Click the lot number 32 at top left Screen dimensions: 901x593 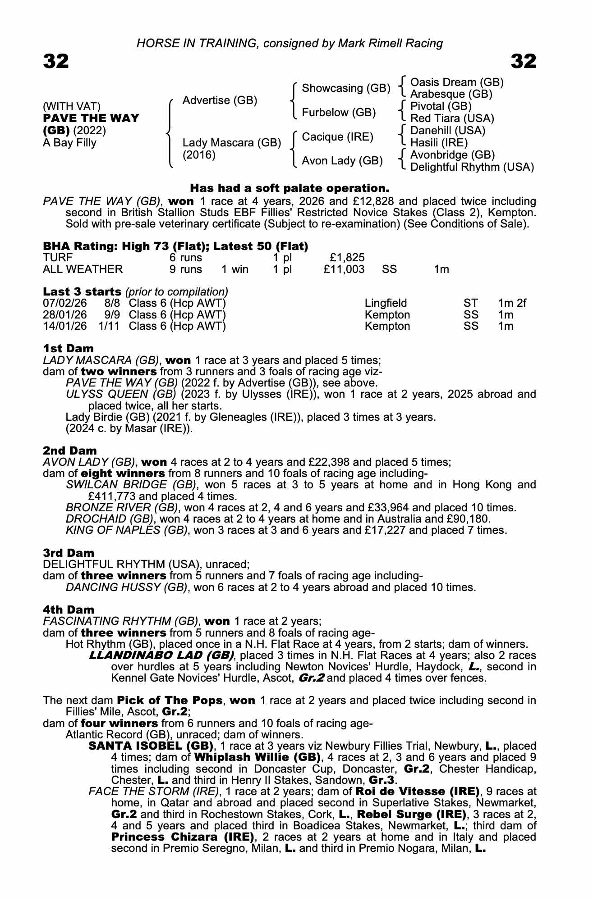point(56,61)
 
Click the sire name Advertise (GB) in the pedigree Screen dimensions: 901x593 point(220,100)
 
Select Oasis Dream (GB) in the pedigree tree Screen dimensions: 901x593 point(457,82)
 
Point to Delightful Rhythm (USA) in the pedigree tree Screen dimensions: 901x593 point(472,167)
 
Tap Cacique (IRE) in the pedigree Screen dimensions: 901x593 point(337,137)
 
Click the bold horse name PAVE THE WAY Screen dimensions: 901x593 point(91,118)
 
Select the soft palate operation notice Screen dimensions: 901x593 point(290,188)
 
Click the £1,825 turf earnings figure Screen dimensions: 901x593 point(347,258)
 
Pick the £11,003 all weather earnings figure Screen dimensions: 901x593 point(344,269)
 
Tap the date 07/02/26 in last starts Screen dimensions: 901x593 point(64,303)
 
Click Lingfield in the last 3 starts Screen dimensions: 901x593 point(386,303)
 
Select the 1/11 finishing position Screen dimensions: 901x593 point(109,326)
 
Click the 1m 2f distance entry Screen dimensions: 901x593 point(512,303)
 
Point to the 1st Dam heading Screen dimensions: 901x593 point(69,348)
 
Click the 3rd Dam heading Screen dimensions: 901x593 point(69,553)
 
